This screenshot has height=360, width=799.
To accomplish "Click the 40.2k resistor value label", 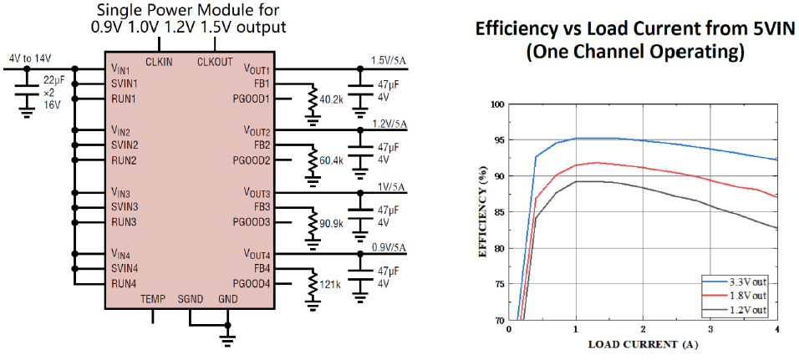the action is tap(331, 99).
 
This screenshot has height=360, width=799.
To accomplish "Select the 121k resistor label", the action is tap(329, 284).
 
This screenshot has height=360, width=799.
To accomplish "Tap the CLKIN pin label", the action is tap(159, 62).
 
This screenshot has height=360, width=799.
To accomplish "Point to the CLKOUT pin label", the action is tap(215, 62).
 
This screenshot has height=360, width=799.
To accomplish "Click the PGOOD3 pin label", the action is tap(252, 222).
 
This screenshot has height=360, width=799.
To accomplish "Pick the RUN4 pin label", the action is tap(125, 284).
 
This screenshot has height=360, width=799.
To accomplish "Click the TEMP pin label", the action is tap(153, 299).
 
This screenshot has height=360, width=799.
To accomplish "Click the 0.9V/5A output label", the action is tap(389, 248).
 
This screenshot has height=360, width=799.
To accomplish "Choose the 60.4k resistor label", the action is tap(331, 160).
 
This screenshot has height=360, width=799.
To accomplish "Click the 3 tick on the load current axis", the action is tap(710, 329).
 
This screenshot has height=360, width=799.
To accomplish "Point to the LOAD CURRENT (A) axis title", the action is tap(644, 345).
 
